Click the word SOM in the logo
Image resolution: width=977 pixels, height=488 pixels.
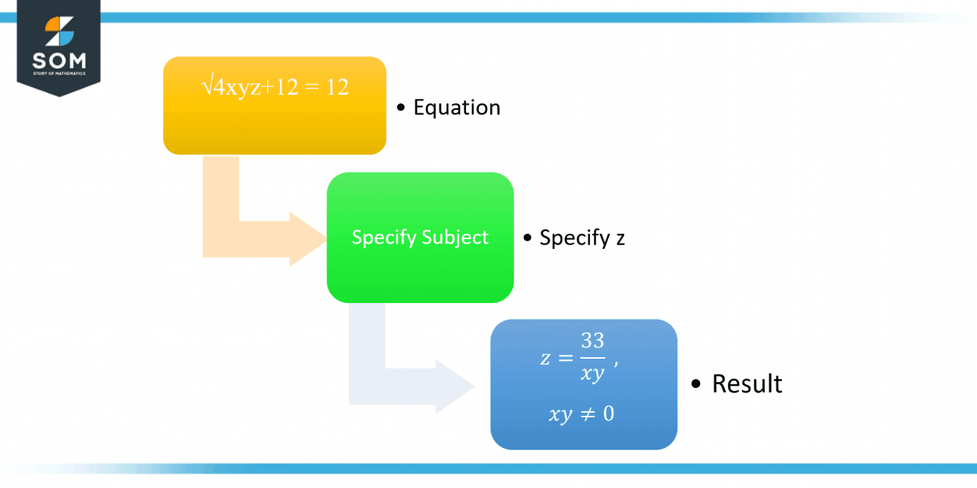(59, 60)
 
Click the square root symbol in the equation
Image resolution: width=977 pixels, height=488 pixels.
(206, 87)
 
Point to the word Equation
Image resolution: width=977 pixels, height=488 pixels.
(457, 108)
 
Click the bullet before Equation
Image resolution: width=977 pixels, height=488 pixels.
(401, 108)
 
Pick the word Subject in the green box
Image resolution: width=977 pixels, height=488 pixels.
(455, 238)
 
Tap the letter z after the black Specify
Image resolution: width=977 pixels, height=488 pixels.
(620, 239)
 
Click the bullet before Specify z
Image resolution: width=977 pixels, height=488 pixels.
(528, 238)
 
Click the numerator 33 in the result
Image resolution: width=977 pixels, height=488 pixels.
(592, 341)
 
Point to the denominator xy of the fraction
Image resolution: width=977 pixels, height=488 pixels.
(592, 374)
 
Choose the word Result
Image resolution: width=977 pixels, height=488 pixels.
(747, 383)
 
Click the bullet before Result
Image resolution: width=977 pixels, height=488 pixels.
(695, 384)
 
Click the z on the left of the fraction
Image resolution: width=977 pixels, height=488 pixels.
(545, 359)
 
